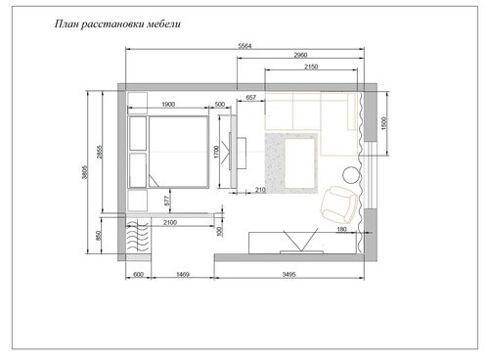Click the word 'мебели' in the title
[x=163, y=24]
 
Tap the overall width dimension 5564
[x=244, y=46]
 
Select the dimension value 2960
[x=300, y=55]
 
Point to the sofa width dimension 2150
[x=311, y=67]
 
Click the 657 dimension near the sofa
[x=250, y=97]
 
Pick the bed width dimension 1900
[x=168, y=105]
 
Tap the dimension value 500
[x=220, y=105]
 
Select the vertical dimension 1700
[x=217, y=152]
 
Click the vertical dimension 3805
[x=85, y=172]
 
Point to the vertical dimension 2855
[x=100, y=152]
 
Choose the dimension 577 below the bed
[x=167, y=201]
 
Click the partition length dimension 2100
[x=170, y=222]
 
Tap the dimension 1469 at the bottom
[x=183, y=275]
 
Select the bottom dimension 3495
[x=289, y=275]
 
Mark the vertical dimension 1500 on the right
[x=383, y=123]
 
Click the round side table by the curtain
[x=352, y=175]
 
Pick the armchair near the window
[x=338, y=204]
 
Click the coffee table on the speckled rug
[x=300, y=163]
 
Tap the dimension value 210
[x=260, y=190]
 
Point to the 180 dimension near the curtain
[x=341, y=230]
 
